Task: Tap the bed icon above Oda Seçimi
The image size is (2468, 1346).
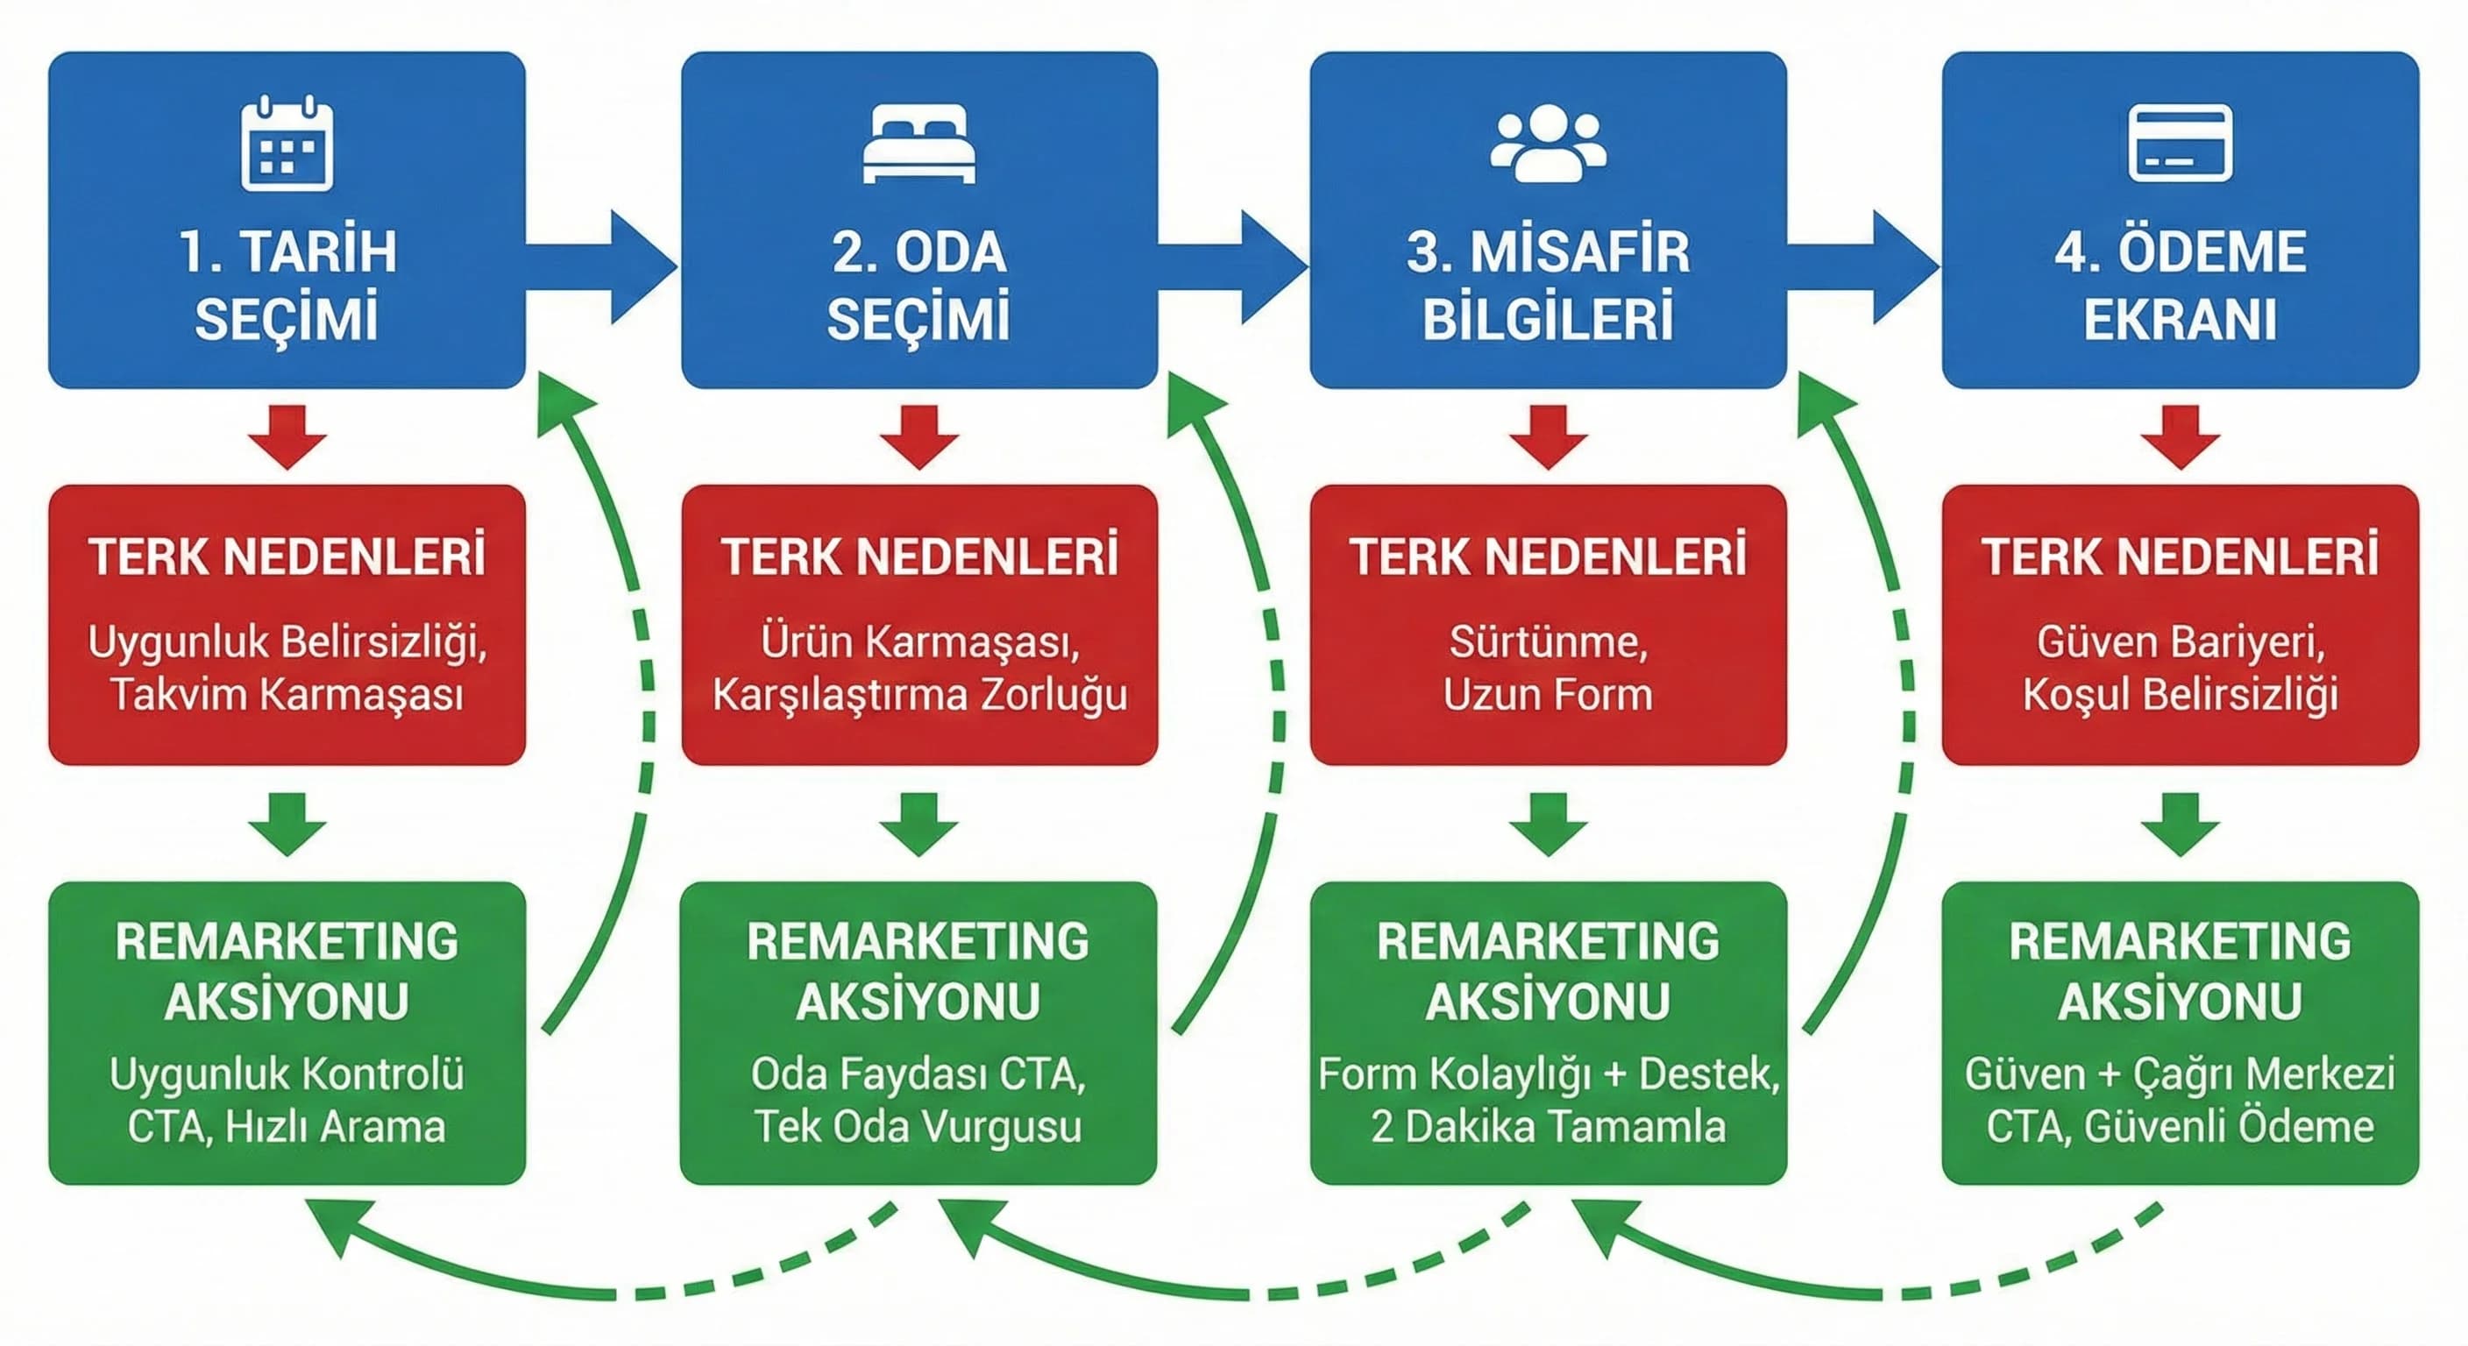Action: (x=918, y=144)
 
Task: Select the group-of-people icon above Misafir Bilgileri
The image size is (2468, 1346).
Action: (x=1549, y=144)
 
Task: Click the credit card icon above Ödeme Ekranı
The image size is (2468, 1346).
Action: (x=2180, y=144)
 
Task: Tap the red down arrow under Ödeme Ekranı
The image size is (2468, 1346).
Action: (x=2181, y=437)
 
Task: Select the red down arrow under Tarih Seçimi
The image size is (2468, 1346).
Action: (x=287, y=437)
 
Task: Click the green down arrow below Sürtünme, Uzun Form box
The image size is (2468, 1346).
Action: (x=1549, y=824)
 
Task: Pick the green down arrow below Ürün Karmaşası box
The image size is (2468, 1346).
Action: (x=918, y=824)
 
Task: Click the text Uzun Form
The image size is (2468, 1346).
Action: (x=1549, y=695)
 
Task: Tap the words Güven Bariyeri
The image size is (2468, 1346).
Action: (x=2180, y=641)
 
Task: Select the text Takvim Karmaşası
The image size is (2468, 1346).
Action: (x=287, y=695)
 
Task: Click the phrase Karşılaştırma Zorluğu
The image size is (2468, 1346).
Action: (x=918, y=695)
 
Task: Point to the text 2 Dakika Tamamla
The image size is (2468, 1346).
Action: (x=1549, y=1127)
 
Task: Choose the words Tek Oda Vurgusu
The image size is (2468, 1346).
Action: (x=918, y=1127)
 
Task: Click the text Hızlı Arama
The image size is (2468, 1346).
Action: (x=336, y=1127)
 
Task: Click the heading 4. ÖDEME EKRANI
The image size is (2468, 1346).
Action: (x=2180, y=285)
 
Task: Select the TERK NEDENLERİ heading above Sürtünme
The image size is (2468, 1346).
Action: (x=1549, y=557)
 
